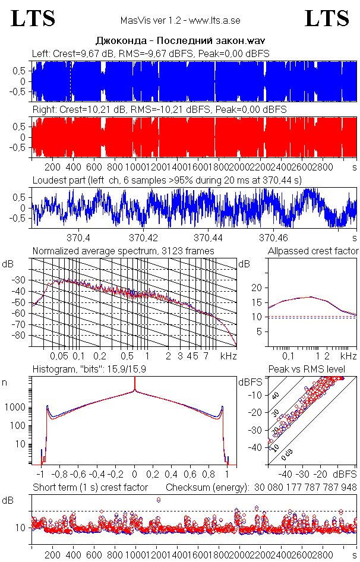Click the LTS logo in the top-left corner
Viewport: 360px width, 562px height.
(x=33, y=19)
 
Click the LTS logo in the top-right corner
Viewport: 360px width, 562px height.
(x=327, y=19)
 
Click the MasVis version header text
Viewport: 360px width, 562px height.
(x=180, y=21)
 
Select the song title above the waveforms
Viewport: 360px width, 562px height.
(x=180, y=42)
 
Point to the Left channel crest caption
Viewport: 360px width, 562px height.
(x=151, y=53)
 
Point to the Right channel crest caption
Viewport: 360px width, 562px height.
(x=159, y=110)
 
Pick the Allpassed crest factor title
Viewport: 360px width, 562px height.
(x=313, y=251)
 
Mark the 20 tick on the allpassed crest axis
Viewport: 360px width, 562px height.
(x=257, y=288)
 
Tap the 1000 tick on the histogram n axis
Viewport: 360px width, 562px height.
(x=16, y=408)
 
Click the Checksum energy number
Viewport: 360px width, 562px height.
(x=305, y=488)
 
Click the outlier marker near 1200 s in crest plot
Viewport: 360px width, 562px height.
(x=159, y=500)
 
